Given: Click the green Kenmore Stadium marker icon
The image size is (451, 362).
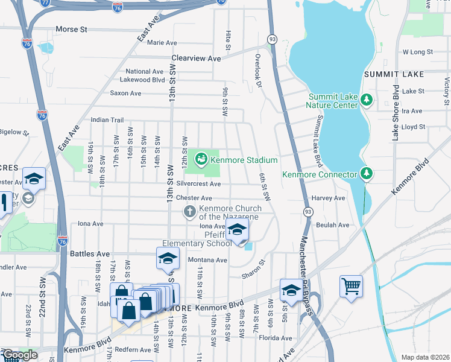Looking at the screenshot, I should tap(201, 159).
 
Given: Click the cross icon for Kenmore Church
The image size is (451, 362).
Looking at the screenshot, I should tap(190, 212).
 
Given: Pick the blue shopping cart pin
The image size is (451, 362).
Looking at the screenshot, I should tap(351, 286).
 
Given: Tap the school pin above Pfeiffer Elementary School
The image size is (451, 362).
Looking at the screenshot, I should tap(237, 230).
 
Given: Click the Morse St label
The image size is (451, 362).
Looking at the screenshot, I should tap(71, 29).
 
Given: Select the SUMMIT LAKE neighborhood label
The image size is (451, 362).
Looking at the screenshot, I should tap(394, 74).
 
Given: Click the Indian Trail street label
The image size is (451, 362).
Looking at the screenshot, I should tap(107, 120).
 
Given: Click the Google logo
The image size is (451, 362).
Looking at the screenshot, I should tap(19, 355).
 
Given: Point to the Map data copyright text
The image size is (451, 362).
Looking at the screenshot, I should tap(425, 357).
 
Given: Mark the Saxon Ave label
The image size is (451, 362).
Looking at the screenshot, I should tap(125, 94).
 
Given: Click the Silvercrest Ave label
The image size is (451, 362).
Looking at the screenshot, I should tap(198, 183).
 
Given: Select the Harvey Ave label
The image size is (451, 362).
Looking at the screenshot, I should tap(329, 198).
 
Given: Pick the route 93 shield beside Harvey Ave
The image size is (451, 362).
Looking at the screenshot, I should tap(307, 211).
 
